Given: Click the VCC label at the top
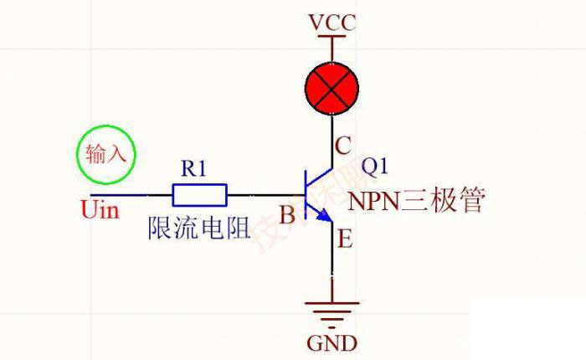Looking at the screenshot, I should click(332, 21).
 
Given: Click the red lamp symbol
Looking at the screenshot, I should click(332, 85).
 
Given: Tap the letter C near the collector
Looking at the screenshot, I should click(342, 147).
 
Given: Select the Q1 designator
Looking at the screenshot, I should click(375, 166).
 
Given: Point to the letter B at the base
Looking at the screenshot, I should click(287, 216).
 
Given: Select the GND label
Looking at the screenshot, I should click(332, 342).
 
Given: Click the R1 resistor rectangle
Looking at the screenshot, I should click(199, 195).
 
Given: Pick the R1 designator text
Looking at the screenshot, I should click(193, 168).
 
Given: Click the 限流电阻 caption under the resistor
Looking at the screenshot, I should click(199, 227).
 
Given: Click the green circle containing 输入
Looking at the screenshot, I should click(104, 154).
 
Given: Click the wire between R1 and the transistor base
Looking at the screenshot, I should click(264, 195).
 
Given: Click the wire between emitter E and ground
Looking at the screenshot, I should click(332, 268).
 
